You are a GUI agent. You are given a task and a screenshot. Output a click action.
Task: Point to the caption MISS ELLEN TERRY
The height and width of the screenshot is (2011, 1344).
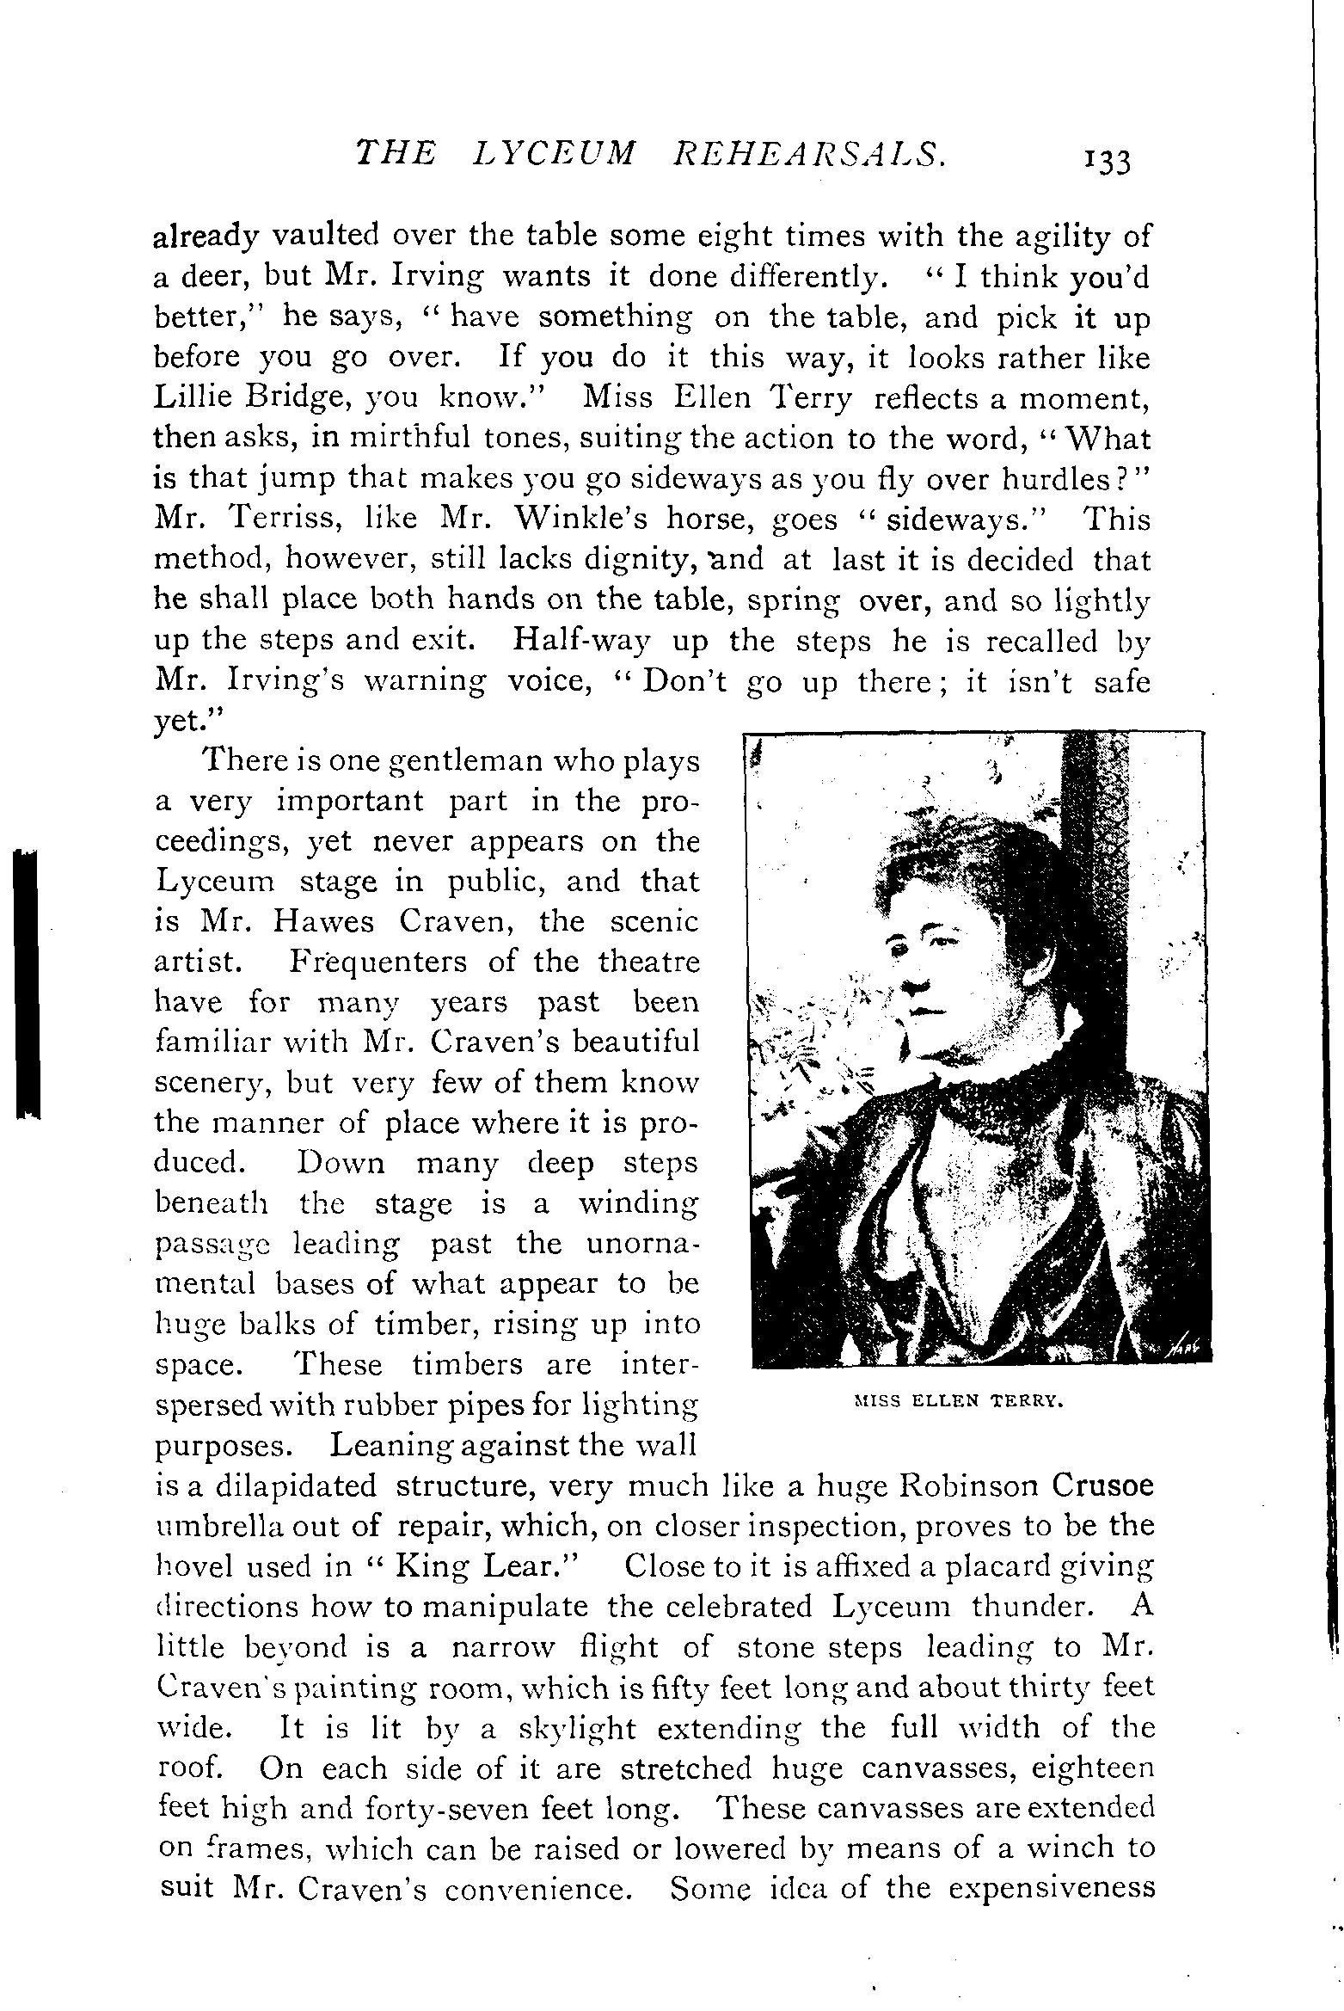click(959, 1400)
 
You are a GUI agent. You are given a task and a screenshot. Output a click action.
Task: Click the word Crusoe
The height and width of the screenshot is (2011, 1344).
click(1102, 1485)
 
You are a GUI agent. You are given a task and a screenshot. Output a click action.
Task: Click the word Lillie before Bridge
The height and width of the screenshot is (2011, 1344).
click(203, 398)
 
